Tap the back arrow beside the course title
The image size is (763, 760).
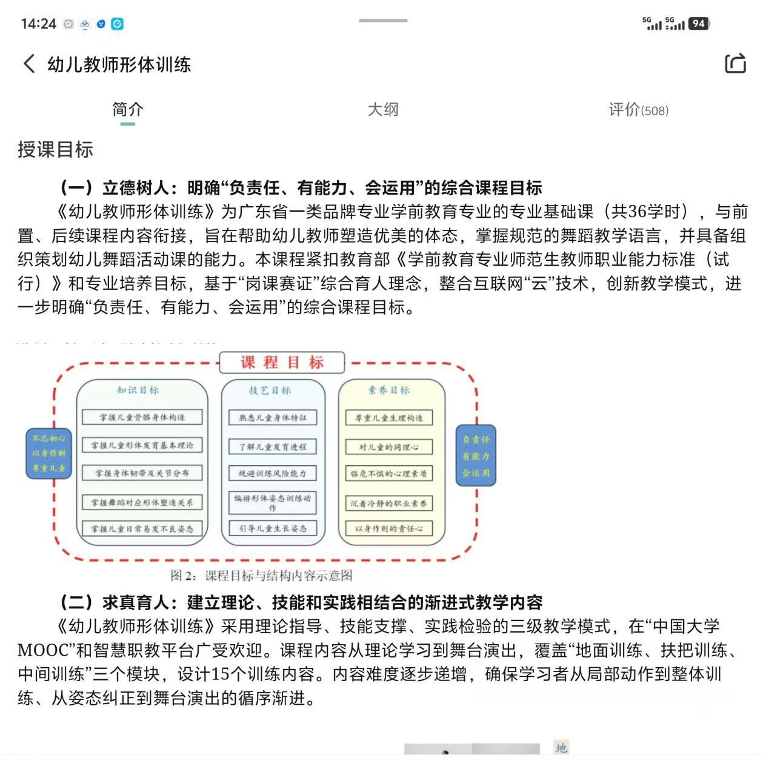coord(29,64)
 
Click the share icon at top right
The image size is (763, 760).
coord(735,63)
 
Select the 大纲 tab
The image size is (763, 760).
coord(383,110)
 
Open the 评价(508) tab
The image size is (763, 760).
coord(638,110)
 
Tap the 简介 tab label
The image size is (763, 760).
coord(127,110)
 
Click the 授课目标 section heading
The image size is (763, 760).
coord(55,149)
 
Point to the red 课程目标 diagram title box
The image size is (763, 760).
coord(282,363)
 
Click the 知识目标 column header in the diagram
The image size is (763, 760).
coord(138,390)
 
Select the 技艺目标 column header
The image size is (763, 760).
coord(270,391)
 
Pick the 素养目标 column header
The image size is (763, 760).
coord(388,391)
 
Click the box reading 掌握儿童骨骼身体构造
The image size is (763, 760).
coord(142,417)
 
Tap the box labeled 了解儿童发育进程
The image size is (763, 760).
coord(273,447)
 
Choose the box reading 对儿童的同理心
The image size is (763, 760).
coord(388,448)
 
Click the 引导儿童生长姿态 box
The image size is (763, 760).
coord(273,528)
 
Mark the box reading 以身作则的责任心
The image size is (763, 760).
coord(388,529)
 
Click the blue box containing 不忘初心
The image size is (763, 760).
coord(49,453)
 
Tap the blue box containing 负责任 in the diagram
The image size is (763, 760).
coord(476,456)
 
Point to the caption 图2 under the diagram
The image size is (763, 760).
coord(261,575)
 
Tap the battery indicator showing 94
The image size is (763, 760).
coord(698,24)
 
